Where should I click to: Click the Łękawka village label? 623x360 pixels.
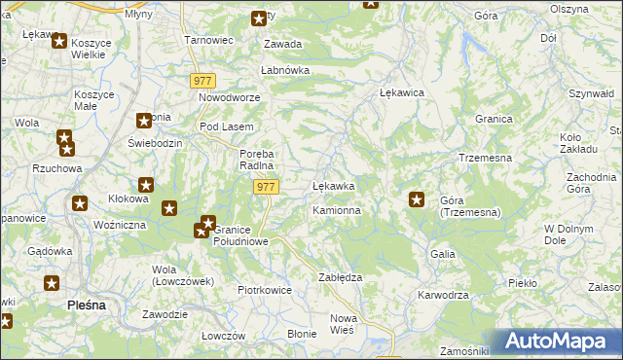coord(333,185)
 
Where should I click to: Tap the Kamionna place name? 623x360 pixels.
coord(337,210)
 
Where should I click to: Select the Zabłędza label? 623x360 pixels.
coord(341,277)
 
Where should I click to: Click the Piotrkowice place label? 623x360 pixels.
coord(265,290)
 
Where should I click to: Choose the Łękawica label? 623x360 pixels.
coord(400,92)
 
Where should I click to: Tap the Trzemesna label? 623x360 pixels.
coord(485,158)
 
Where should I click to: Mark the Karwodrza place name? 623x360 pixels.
coord(443,295)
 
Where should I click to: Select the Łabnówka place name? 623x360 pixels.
coord(284,70)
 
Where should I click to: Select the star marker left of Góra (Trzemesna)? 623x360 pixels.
coord(417,200)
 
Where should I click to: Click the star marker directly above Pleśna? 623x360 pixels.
coord(53,283)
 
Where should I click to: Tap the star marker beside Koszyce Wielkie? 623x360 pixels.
coord(58,42)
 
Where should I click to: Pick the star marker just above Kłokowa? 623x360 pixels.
coord(146,185)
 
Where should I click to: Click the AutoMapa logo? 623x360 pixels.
coord(560,342)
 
